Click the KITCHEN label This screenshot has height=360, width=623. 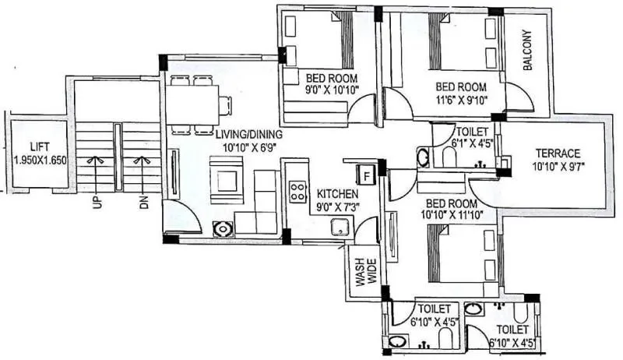click(x=337, y=193)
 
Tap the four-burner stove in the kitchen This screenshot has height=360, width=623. click(x=298, y=191)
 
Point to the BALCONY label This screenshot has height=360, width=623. click(x=527, y=52)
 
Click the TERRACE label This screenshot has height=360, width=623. click(x=558, y=153)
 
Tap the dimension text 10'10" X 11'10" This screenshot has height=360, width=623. click(x=452, y=213)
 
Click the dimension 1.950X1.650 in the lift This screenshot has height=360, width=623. click(x=40, y=160)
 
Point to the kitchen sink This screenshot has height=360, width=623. click(x=339, y=227)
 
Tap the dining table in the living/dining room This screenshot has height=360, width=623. click(x=193, y=104)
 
